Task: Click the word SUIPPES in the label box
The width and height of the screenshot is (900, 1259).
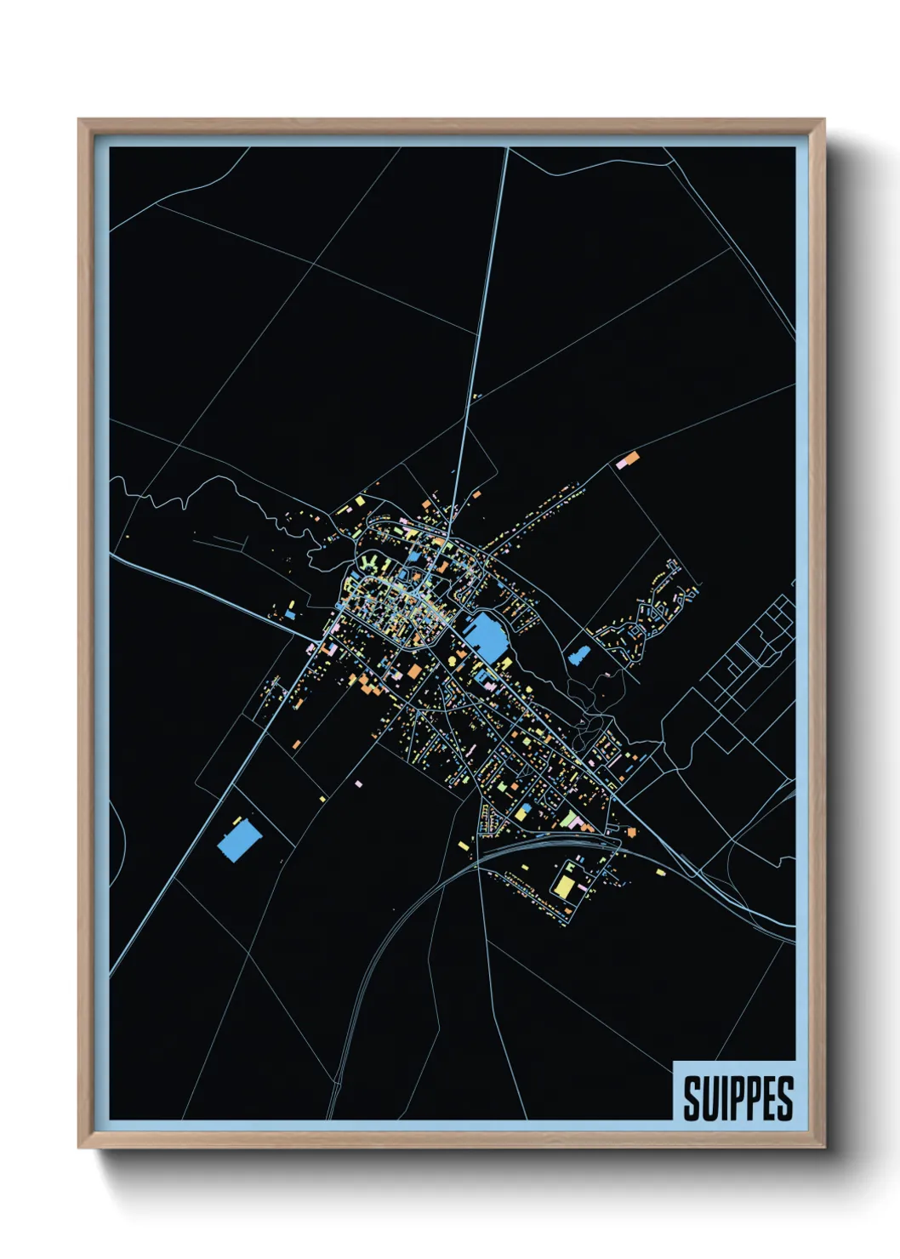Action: pos(738,1098)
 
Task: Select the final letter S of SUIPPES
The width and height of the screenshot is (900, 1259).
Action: pos(785,1098)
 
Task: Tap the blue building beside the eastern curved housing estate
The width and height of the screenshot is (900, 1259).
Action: pos(580,655)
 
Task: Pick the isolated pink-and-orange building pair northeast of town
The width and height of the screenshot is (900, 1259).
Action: pos(629,460)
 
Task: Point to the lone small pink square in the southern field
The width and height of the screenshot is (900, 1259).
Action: pos(358,783)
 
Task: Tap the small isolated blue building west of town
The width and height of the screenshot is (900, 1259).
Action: pos(290,613)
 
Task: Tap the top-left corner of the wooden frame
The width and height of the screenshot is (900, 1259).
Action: pos(81,122)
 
